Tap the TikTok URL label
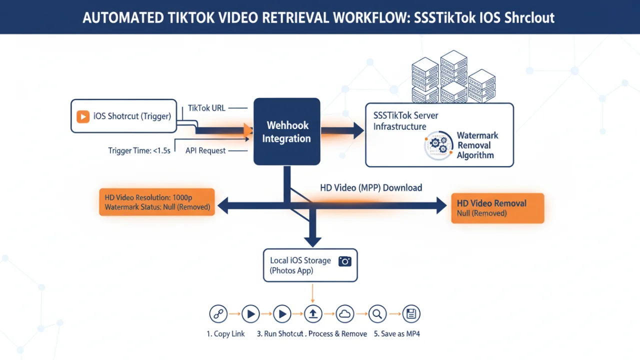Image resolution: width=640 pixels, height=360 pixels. click(x=207, y=108)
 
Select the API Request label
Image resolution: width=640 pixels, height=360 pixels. click(x=205, y=150)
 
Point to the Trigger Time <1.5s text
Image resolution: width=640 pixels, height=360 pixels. click(x=139, y=150)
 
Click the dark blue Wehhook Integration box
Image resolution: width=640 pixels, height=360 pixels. click(x=286, y=132)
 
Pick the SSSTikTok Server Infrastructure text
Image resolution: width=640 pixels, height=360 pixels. click(x=405, y=121)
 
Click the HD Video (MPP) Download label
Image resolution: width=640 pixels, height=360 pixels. click(x=371, y=188)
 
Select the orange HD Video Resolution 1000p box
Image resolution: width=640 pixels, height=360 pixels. click(x=157, y=202)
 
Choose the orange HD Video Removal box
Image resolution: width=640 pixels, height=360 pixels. click(x=497, y=208)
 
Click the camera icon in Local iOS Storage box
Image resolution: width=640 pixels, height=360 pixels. click(x=345, y=261)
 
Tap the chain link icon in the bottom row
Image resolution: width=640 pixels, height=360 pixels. click(x=217, y=314)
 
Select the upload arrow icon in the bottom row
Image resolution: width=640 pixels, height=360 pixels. click(x=313, y=314)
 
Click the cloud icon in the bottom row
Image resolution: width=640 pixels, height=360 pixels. click(x=345, y=314)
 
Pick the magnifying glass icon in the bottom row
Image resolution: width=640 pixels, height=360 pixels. click(x=377, y=314)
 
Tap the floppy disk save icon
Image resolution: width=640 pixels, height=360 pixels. click(x=411, y=314)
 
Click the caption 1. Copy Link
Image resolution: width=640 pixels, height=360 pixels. click(x=225, y=334)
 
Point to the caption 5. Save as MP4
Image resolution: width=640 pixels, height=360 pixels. click(x=397, y=334)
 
